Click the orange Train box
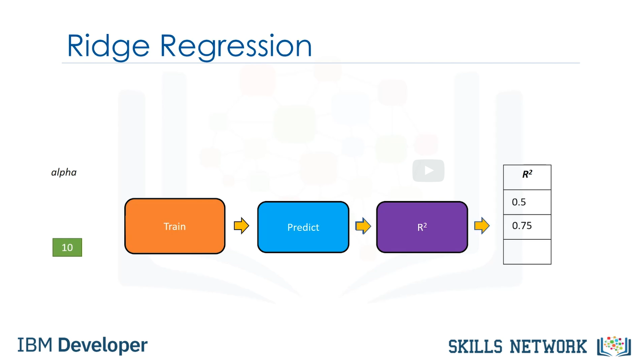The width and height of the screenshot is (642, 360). pyautogui.click(x=175, y=226)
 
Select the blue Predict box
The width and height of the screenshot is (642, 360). pyautogui.click(x=303, y=227)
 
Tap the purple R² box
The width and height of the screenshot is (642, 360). pyautogui.click(x=422, y=227)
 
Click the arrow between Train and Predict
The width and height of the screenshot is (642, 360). pyautogui.click(x=241, y=225)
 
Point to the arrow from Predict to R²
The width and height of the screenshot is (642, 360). pyautogui.click(x=363, y=226)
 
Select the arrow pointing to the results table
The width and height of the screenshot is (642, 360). pyautogui.click(x=482, y=225)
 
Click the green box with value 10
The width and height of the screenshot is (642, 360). pyautogui.click(x=67, y=247)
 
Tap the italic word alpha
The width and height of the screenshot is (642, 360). pyautogui.click(x=64, y=172)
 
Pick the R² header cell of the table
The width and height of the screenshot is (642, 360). pyautogui.click(x=527, y=177)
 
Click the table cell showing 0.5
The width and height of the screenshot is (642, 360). pyautogui.click(x=527, y=202)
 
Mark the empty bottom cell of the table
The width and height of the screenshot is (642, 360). pyautogui.click(x=527, y=252)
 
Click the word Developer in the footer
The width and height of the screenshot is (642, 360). pyautogui.click(x=103, y=345)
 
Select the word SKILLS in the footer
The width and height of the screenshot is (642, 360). pyautogui.click(x=476, y=347)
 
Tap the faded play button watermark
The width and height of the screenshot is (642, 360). pyautogui.click(x=428, y=171)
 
